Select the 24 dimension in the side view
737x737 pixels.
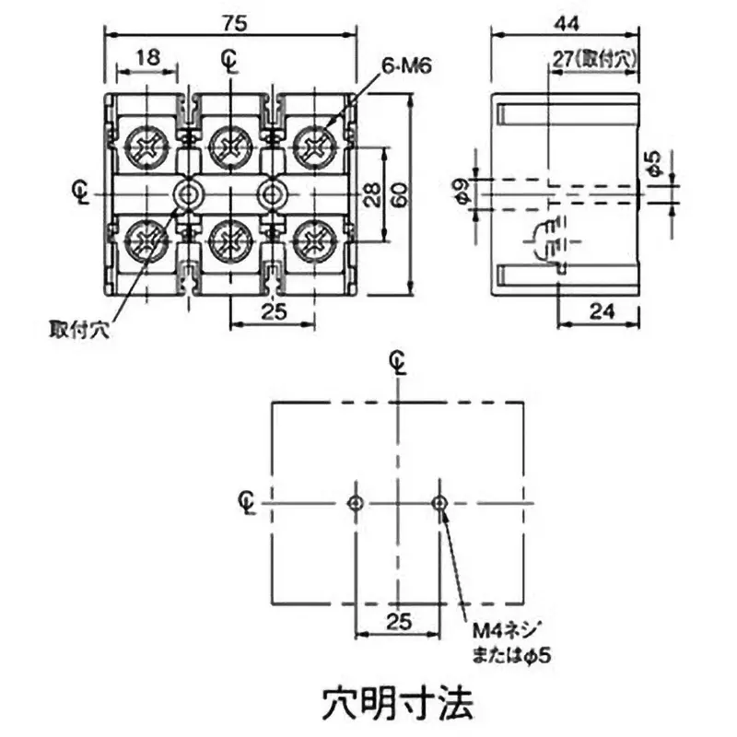[600, 311]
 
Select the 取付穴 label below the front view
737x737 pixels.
[79, 329]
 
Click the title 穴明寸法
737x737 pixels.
[398, 703]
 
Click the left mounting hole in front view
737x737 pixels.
[190, 193]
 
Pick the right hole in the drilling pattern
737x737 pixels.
[439, 503]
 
